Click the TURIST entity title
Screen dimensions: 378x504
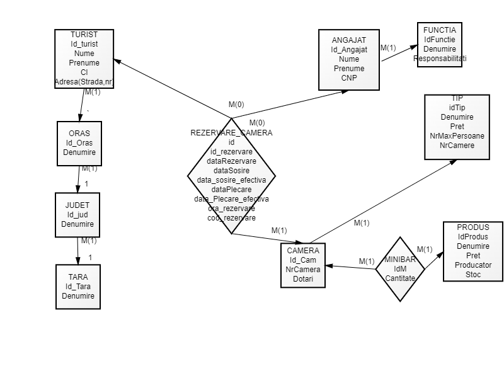pos(84,34)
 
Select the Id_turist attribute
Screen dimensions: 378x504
pos(84,43)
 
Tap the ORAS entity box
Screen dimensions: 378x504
pos(79,143)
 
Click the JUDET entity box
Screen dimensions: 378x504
pos(77,215)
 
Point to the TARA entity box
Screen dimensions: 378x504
pos(78,287)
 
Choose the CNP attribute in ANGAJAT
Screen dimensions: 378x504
pos(349,77)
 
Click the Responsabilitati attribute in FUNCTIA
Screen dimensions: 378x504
pos(440,58)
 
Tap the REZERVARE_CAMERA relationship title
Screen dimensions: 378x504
pos(232,133)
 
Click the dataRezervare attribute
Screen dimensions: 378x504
pos(232,161)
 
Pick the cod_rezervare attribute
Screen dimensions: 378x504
pos(232,218)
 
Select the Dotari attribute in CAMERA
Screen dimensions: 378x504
pos(303,279)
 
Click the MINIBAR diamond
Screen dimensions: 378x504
pos(400,269)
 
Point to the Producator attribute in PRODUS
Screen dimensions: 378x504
pos(473,265)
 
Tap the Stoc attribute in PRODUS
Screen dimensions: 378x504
pos(473,275)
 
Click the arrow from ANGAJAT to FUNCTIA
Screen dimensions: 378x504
pos(398,53)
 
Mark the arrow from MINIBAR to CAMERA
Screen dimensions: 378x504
pos(350,268)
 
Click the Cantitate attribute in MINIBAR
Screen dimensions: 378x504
pos(400,278)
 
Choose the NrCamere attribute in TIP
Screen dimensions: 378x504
pos(457,146)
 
